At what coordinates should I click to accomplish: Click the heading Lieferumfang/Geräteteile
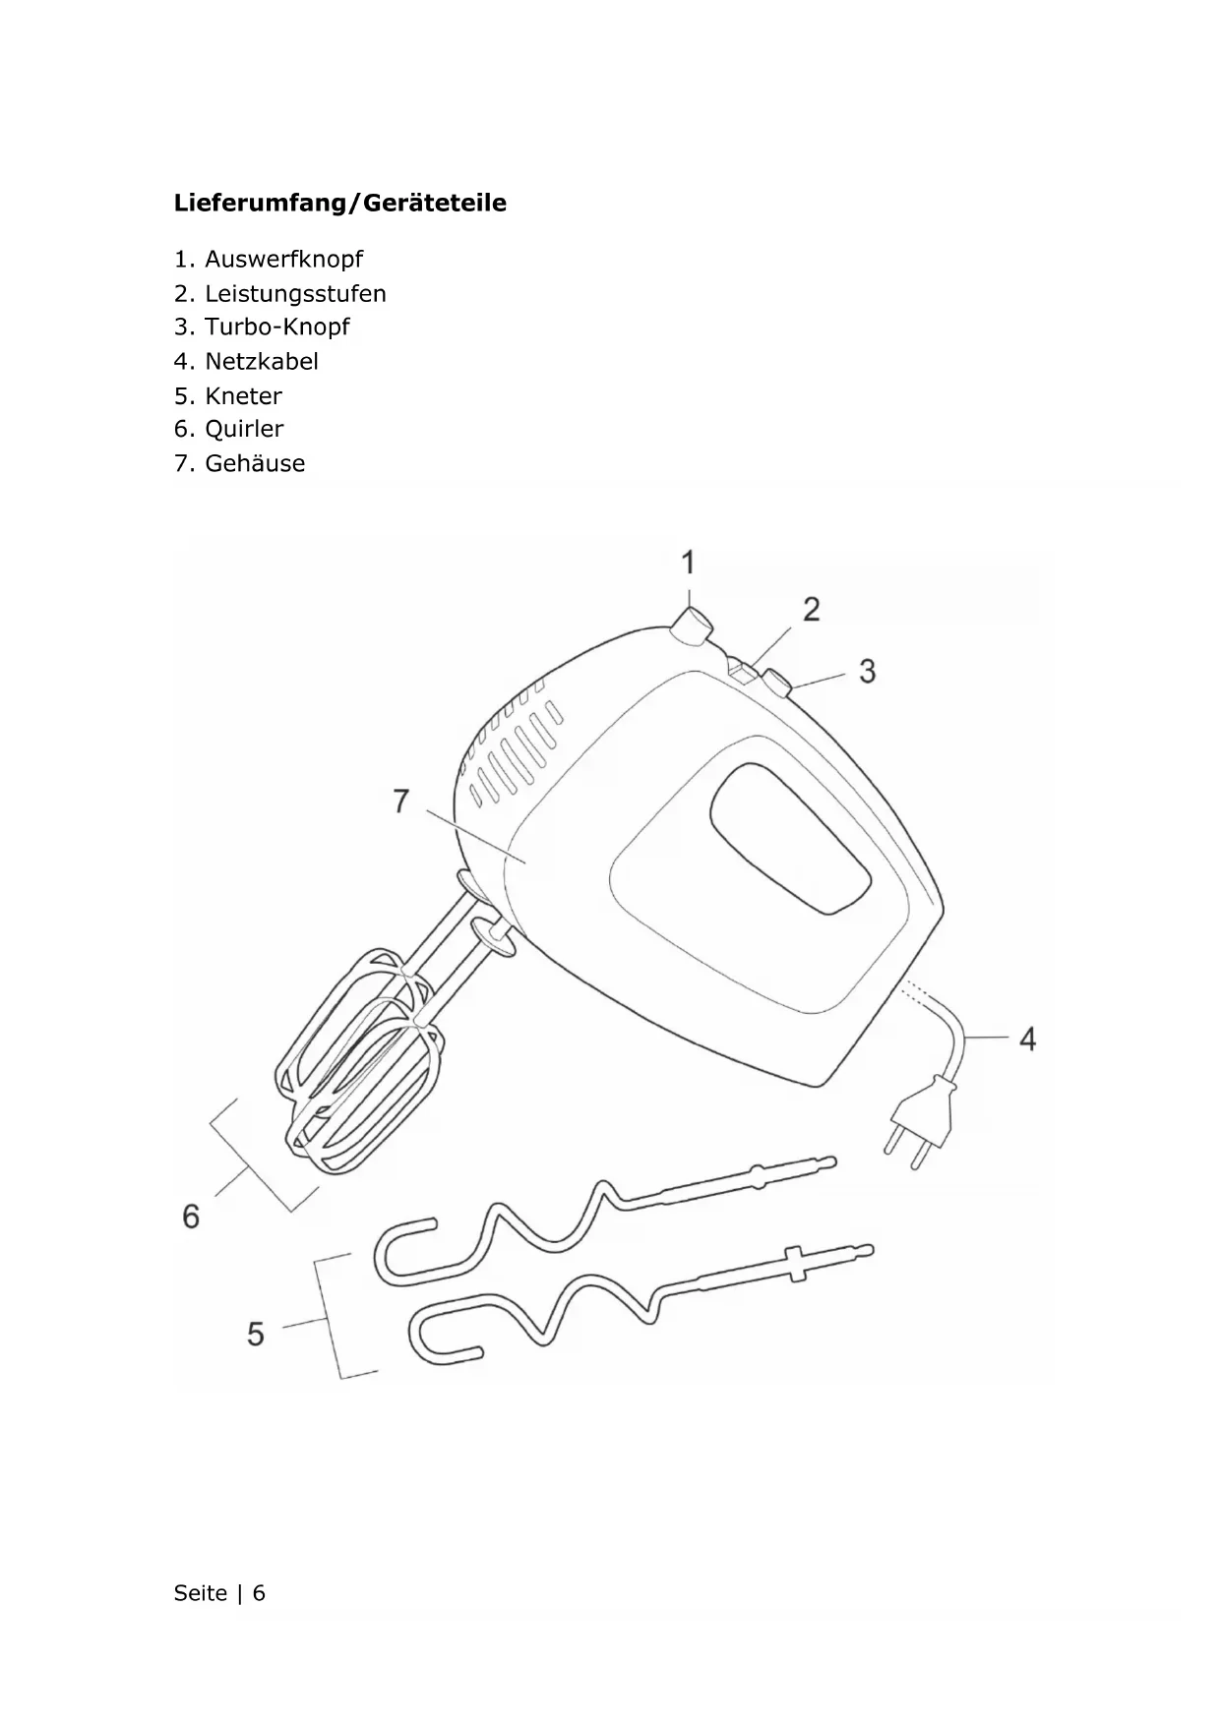point(340,204)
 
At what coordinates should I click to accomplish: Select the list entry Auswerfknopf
point(283,260)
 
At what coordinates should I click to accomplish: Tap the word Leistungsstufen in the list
point(295,294)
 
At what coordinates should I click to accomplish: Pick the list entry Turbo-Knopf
point(276,327)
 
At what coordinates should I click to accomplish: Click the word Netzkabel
point(262,362)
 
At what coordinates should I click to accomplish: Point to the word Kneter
point(243,396)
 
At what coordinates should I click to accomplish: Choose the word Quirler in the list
point(244,430)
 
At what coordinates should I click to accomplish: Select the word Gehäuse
point(255,464)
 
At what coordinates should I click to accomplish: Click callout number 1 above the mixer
point(689,563)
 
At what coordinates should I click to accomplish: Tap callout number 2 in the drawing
point(812,610)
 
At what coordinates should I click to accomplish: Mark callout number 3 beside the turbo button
point(867,672)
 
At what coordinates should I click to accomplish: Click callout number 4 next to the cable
point(1027,1039)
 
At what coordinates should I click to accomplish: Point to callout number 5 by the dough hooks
point(256,1334)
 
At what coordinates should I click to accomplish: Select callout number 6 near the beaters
point(191,1217)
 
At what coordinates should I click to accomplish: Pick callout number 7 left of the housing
point(400,802)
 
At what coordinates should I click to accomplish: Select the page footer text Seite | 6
point(219,1593)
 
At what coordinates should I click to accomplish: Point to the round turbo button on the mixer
point(777,683)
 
